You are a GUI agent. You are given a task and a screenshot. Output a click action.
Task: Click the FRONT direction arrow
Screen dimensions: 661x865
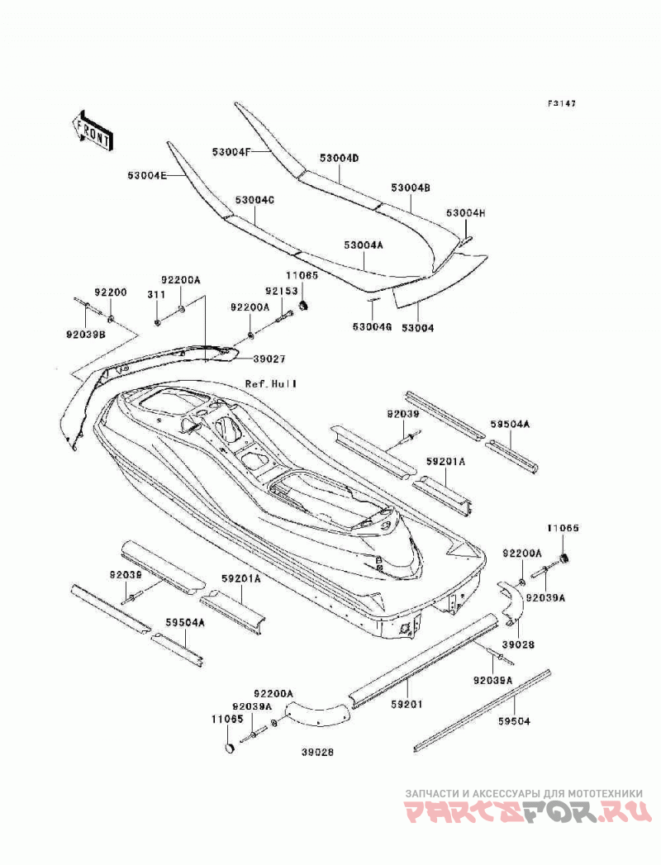tap(92, 131)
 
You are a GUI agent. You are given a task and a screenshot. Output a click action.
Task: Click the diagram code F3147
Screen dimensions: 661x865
tap(561, 103)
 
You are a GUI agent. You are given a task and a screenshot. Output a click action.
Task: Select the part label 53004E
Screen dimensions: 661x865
tap(147, 175)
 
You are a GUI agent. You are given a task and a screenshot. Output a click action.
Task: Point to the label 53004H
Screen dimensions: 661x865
tap(466, 213)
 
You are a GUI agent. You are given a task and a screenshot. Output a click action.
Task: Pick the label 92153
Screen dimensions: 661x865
tap(281, 291)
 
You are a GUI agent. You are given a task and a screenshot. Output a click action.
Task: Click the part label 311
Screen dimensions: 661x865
tap(156, 295)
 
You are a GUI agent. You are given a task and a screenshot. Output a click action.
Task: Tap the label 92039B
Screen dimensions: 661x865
tap(86, 334)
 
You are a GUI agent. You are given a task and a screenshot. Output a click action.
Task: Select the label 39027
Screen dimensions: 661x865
tap(269, 359)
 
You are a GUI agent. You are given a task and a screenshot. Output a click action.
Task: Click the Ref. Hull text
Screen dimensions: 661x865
tap(271, 383)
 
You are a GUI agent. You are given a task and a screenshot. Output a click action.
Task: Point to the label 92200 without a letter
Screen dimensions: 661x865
tap(111, 292)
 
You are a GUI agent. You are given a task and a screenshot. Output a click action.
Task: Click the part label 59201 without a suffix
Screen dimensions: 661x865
tap(407, 705)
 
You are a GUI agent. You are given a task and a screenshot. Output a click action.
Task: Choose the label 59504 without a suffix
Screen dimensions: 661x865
tap(514, 721)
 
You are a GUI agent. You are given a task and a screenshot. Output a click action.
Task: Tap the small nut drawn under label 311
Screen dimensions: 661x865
tap(157, 321)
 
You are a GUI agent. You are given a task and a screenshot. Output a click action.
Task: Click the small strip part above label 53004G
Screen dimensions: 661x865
tap(373, 301)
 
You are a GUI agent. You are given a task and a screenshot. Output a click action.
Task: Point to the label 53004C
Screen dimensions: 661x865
tap(254, 200)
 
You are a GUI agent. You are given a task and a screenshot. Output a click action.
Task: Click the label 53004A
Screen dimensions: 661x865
tap(363, 245)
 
